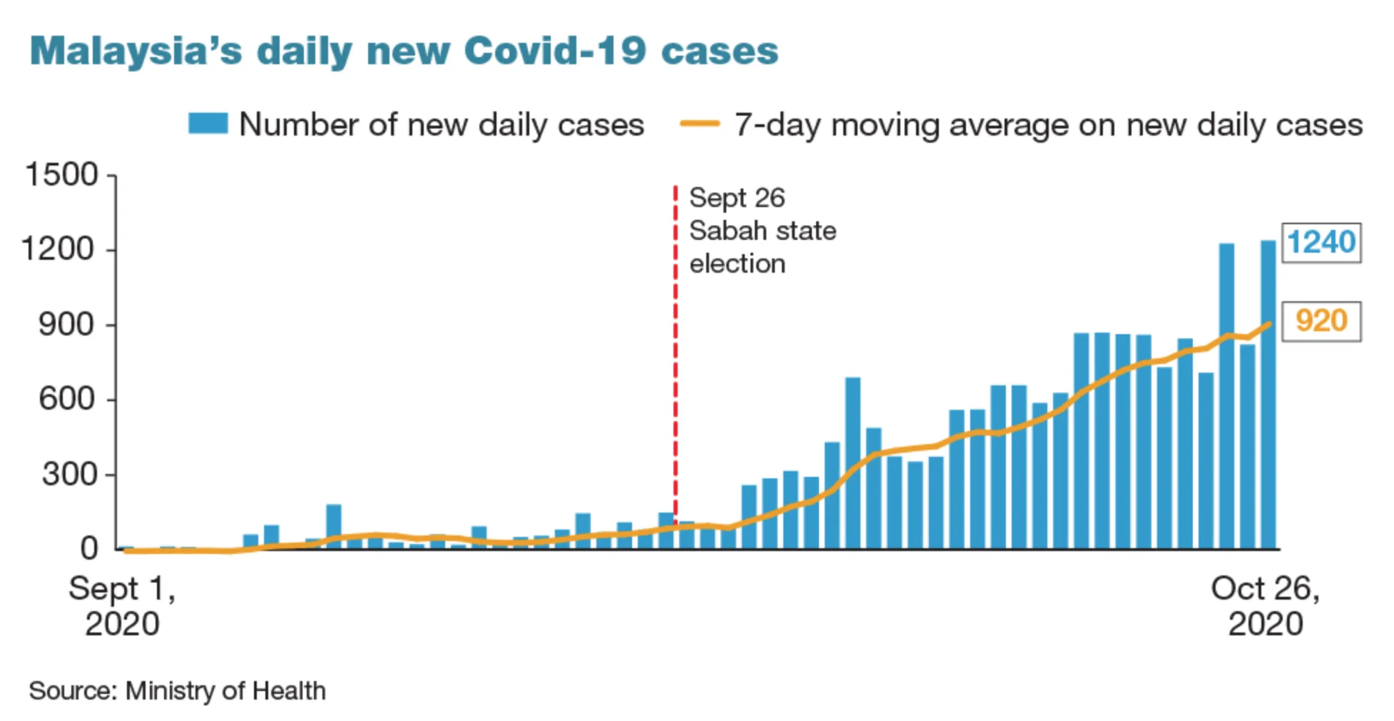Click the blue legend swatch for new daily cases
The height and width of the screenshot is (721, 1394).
pos(208,123)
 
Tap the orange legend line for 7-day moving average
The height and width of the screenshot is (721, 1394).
pos(700,124)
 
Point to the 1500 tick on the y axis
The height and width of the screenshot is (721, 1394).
pos(61,175)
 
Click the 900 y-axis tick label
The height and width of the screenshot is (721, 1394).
pos(66,324)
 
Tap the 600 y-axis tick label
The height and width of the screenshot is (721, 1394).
pos(66,399)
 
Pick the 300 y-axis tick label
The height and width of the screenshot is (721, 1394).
pos(68,474)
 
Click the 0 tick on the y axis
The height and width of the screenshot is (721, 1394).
pos(88,549)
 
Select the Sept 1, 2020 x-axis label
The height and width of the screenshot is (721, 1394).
pos(122,606)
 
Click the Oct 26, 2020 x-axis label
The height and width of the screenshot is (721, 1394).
pos(1265,606)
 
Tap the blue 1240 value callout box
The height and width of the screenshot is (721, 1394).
pos(1321,243)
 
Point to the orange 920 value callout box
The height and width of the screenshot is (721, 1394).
pos(1321,321)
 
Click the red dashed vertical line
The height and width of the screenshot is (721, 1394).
pos(675,357)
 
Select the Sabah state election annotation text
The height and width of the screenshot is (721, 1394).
pos(762,231)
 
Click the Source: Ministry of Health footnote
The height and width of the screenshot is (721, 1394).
pos(177,691)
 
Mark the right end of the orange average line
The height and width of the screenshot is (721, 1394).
pos(1269,324)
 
